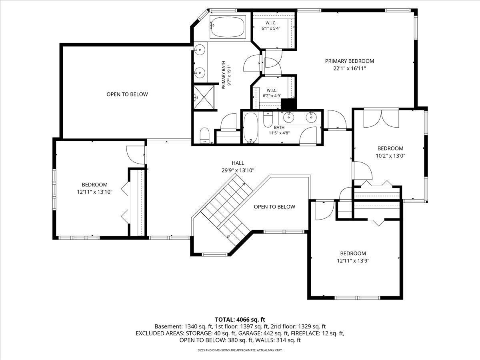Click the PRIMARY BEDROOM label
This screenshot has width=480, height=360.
pyautogui.click(x=350, y=61)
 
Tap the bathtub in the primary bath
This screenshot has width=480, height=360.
pyautogui.click(x=228, y=27)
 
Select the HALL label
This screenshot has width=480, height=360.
pyautogui.click(x=238, y=163)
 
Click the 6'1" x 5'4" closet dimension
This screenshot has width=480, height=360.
pyautogui.click(x=271, y=28)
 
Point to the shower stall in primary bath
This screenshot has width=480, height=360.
pyautogui.click(x=204, y=97)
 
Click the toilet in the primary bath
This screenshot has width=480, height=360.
pyautogui.click(x=205, y=135)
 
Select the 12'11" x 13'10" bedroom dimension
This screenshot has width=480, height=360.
pyautogui.click(x=94, y=192)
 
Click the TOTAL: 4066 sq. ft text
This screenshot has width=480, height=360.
pyautogui.click(x=240, y=319)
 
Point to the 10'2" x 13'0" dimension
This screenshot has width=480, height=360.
pyautogui.click(x=390, y=156)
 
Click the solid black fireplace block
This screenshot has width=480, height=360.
pyautogui.click(x=288, y=104)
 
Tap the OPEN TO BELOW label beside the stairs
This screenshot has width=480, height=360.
pyautogui.click(x=274, y=206)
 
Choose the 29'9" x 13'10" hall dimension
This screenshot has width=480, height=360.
pyautogui.click(x=238, y=170)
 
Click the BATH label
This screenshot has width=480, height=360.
pyautogui.click(x=279, y=127)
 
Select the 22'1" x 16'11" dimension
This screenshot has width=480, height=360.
pyautogui.click(x=350, y=68)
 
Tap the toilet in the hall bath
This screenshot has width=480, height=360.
pyautogui.click(x=268, y=119)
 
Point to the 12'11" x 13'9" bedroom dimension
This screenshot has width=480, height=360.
pyautogui.click(x=353, y=260)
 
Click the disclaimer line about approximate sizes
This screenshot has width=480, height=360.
pyautogui.click(x=240, y=350)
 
